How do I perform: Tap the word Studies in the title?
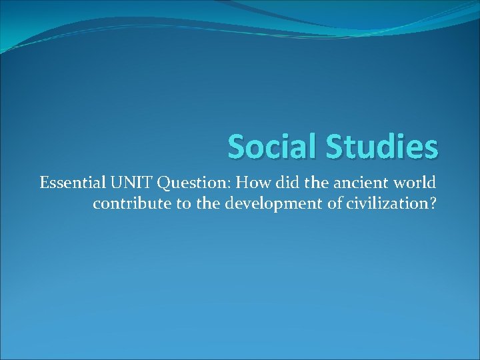382,145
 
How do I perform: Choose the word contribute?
131,203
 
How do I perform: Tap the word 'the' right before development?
207,203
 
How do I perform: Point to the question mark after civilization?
433,203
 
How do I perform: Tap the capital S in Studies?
335,145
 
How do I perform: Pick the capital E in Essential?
44,182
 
